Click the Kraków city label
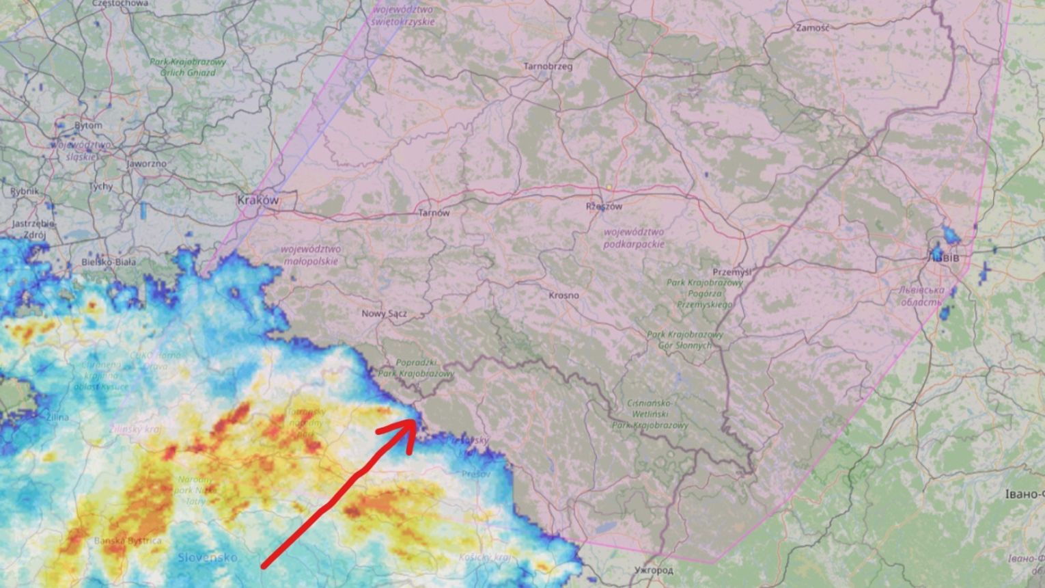(258, 200)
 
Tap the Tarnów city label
(434, 213)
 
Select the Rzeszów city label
(604, 206)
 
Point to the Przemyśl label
(731, 272)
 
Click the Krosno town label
(563, 295)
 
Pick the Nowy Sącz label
(385, 314)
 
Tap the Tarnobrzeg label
(548, 66)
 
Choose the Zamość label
(813, 28)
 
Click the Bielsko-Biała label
(109, 262)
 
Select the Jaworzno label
(146, 164)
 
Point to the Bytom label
(88, 126)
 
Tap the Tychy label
(101, 186)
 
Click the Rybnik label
(25, 191)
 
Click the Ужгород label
(654, 570)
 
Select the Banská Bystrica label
(128, 541)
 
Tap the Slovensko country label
(208, 557)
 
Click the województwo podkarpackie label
(633, 238)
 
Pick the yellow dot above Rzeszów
(608, 187)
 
